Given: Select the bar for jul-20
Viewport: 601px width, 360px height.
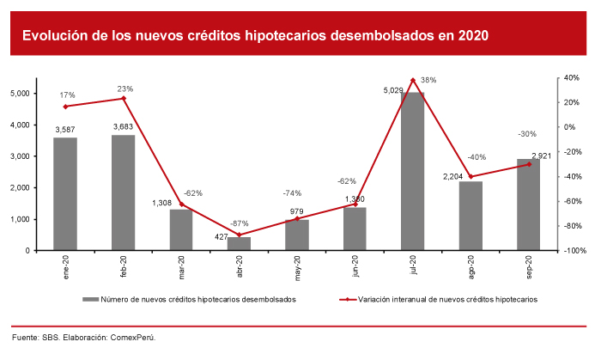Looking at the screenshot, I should pyautogui.click(x=413, y=172).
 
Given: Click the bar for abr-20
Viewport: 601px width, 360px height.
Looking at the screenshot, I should pyautogui.click(x=240, y=244).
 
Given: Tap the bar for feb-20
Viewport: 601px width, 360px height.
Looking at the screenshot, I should pyautogui.click(x=123, y=193).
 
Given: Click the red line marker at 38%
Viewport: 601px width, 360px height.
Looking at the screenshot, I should pyautogui.click(x=413, y=80).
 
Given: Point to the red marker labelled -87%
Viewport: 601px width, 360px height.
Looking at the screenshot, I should pyautogui.click(x=240, y=235).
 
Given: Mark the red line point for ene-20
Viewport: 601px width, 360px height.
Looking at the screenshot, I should pyautogui.click(x=65, y=107).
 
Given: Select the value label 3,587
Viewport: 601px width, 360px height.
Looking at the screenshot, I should pyautogui.click(x=65, y=130).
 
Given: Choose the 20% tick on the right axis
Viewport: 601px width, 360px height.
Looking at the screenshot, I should pyautogui.click(x=569, y=102).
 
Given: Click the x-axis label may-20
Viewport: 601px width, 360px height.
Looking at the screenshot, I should pyautogui.click(x=297, y=268).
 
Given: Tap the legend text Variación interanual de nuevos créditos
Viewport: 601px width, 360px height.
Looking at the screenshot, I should pyautogui.click(x=447, y=300).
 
